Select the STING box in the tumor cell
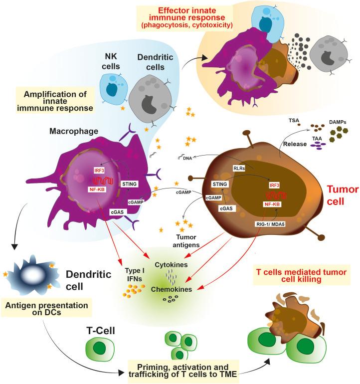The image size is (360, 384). [219, 185]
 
